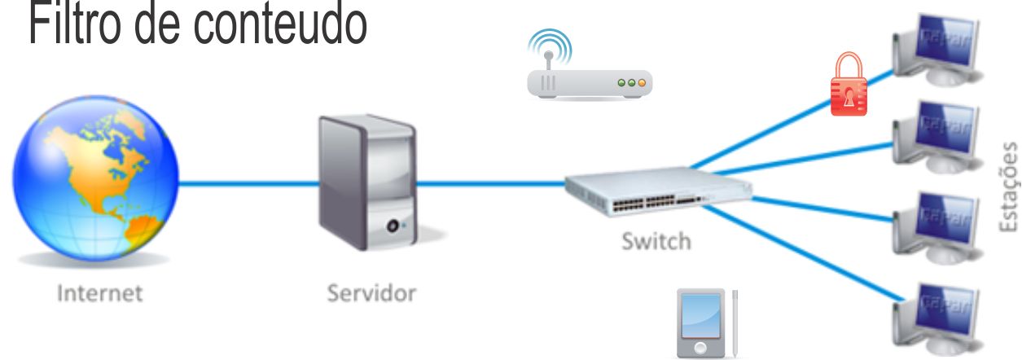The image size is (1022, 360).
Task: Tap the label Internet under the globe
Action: point(99,292)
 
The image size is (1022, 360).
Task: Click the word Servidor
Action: point(371,292)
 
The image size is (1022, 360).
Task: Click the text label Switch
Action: point(656,241)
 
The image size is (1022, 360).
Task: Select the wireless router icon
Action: point(590,83)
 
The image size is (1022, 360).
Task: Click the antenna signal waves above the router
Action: point(549,43)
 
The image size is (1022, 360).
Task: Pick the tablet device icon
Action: point(701,323)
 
